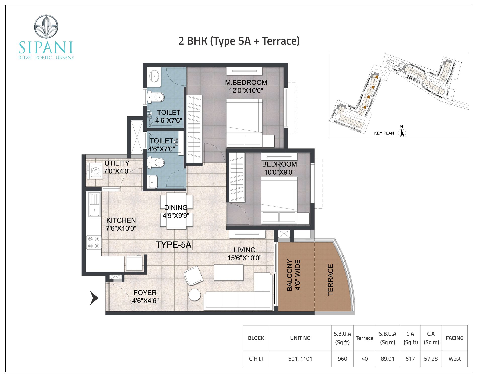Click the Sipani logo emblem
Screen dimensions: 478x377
[46, 27]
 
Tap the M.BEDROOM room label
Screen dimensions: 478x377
[246, 82]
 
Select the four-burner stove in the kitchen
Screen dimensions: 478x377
[94, 243]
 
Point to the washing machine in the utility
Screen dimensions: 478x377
[95, 171]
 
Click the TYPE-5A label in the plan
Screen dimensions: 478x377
[174, 245]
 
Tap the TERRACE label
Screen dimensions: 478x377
[330, 280]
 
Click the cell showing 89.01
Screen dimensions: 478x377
[388, 359]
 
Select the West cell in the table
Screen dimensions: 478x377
[455, 359]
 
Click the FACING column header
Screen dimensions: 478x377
[455, 338]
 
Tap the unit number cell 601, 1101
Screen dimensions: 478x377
[300, 359]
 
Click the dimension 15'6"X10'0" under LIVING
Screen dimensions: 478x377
[245, 258]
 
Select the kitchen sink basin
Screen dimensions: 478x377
[94, 210]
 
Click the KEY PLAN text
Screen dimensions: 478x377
[384, 133]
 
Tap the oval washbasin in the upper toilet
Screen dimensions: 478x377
[154, 75]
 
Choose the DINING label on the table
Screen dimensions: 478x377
[176, 208]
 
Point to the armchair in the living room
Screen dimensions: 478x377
[193, 275]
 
